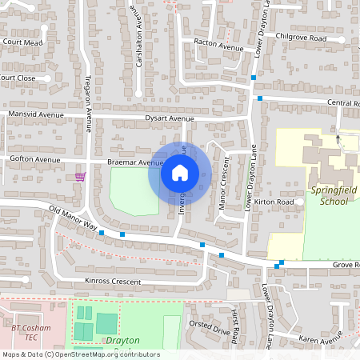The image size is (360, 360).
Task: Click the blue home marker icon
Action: (x=179, y=173)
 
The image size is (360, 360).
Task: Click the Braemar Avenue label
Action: (x=135, y=162)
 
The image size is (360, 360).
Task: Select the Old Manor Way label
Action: (x=72, y=218)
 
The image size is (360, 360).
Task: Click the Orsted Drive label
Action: (x=209, y=327)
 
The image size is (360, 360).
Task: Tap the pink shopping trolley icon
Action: (x=79, y=176)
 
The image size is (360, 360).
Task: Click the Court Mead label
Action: (x=22, y=42)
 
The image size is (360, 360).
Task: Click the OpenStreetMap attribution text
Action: (x=80, y=354)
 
